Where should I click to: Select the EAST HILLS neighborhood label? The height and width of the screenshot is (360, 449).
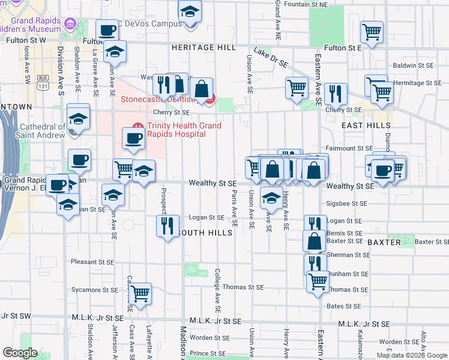click(x=366, y=126)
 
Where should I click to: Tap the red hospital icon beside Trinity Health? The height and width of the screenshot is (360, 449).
click(x=136, y=126)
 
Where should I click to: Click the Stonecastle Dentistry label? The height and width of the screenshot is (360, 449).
click(x=162, y=100)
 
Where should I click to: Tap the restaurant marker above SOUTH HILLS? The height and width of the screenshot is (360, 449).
click(x=166, y=226)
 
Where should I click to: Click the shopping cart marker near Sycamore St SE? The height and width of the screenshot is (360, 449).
click(x=140, y=293)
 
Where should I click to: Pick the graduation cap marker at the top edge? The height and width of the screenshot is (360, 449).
click(x=190, y=12)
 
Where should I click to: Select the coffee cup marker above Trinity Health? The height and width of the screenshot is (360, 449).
click(x=134, y=139)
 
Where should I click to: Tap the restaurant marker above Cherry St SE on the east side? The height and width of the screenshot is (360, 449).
click(x=336, y=94)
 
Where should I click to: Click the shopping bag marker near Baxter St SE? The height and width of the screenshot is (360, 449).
click(x=314, y=241)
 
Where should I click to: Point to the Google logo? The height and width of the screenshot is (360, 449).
click(x=20, y=353)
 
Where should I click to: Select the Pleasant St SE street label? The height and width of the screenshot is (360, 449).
click(x=92, y=262)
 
